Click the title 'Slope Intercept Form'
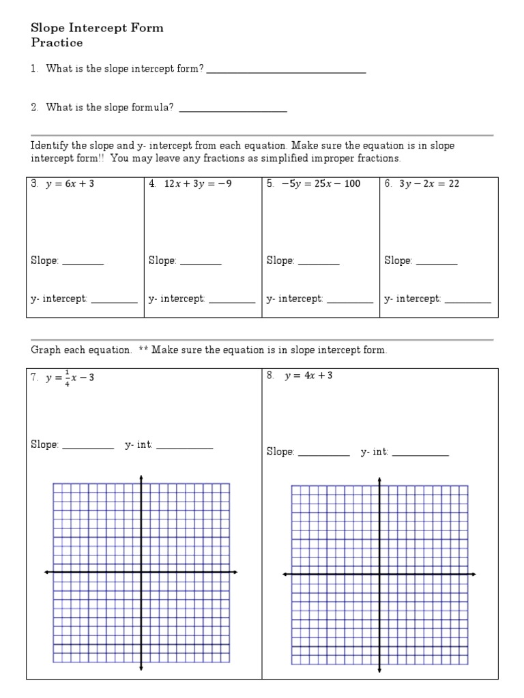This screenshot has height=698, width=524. pyautogui.click(x=97, y=29)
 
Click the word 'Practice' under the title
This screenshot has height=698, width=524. pyautogui.click(x=57, y=43)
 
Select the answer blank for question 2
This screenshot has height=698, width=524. pyautogui.click(x=232, y=109)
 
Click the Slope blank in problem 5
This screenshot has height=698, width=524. pyautogui.click(x=319, y=262)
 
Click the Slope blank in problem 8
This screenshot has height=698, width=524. pyautogui.click(x=324, y=454)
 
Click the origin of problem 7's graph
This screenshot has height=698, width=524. pyautogui.click(x=141, y=572)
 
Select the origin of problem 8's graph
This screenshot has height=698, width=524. pyautogui.click(x=379, y=575)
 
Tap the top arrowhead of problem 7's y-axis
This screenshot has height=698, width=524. pyautogui.click(x=141, y=476)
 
